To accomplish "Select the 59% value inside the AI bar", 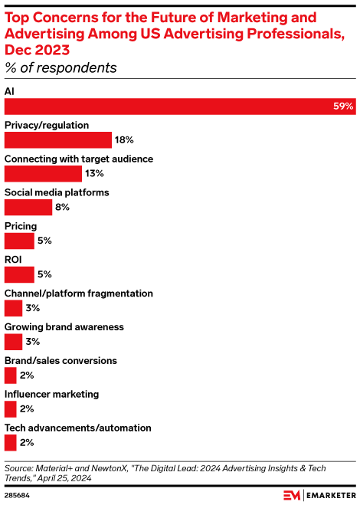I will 343,107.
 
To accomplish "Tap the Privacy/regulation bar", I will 58,140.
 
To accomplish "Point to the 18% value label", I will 124,140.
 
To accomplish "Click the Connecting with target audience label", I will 79,159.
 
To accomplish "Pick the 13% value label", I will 95,174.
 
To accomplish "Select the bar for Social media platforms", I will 28,208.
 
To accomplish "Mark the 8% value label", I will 63,208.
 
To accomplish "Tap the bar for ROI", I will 19,274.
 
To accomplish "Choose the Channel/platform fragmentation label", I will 79,293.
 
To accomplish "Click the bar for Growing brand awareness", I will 13,342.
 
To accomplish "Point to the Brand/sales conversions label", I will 61,360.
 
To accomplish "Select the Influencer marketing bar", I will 10,409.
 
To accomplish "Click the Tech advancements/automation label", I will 77,428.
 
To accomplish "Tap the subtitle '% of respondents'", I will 61,68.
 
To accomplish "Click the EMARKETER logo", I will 318,494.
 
